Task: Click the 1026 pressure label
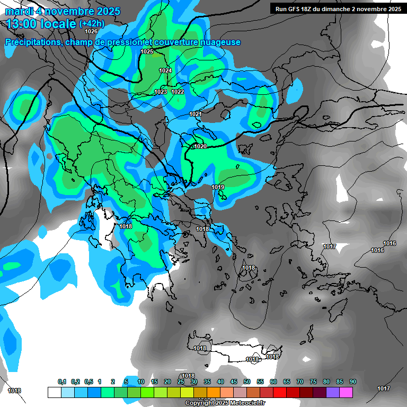coord(91,31)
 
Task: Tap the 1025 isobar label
coord(147,51)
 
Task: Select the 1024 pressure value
coord(165,70)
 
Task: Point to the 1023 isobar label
coord(161,92)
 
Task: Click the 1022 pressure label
coord(178,92)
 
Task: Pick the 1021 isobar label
coord(196,114)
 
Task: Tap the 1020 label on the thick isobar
coord(200,146)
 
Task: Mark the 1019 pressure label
coord(218,187)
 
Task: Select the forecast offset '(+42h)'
coord(92,24)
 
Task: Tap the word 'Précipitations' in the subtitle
coord(32,42)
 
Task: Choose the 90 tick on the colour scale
coord(353,382)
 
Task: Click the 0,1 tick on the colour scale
coord(62,382)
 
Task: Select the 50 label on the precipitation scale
coord(247,382)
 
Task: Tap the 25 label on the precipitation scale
coord(181,382)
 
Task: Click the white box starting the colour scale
coord(54,392)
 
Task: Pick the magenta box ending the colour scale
coord(346,392)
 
